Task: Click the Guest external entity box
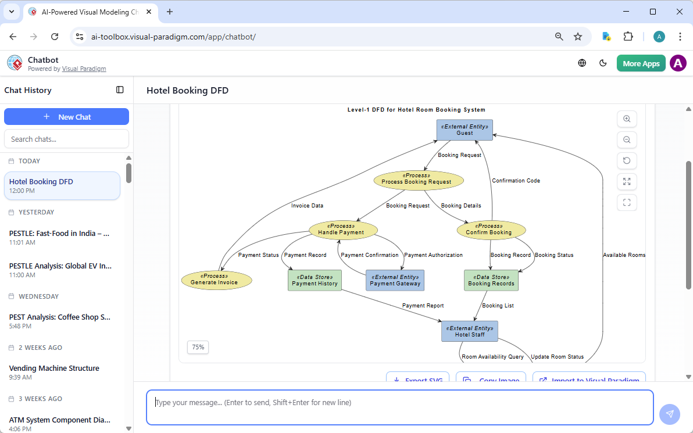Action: coord(465,130)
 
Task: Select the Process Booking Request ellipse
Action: coord(419,180)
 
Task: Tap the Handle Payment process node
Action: coord(343,230)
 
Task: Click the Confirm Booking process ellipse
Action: coord(491,230)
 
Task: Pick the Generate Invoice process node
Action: coord(216,280)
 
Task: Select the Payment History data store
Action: coord(315,280)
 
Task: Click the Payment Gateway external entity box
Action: coord(395,280)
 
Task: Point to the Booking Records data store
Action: coord(491,280)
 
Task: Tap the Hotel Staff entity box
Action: coord(470,331)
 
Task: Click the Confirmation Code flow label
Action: coord(516,181)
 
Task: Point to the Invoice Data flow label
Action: coord(307,206)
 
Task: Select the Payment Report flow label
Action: coord(423,306)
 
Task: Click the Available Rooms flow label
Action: coord(624,255)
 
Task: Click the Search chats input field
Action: coord(66,139)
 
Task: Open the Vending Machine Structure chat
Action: coord(54,368)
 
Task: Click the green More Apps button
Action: coord(641,63)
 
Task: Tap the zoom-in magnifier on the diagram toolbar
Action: coord(627,119)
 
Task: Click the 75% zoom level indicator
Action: coord(198,347)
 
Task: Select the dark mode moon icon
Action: coord(603,63)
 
